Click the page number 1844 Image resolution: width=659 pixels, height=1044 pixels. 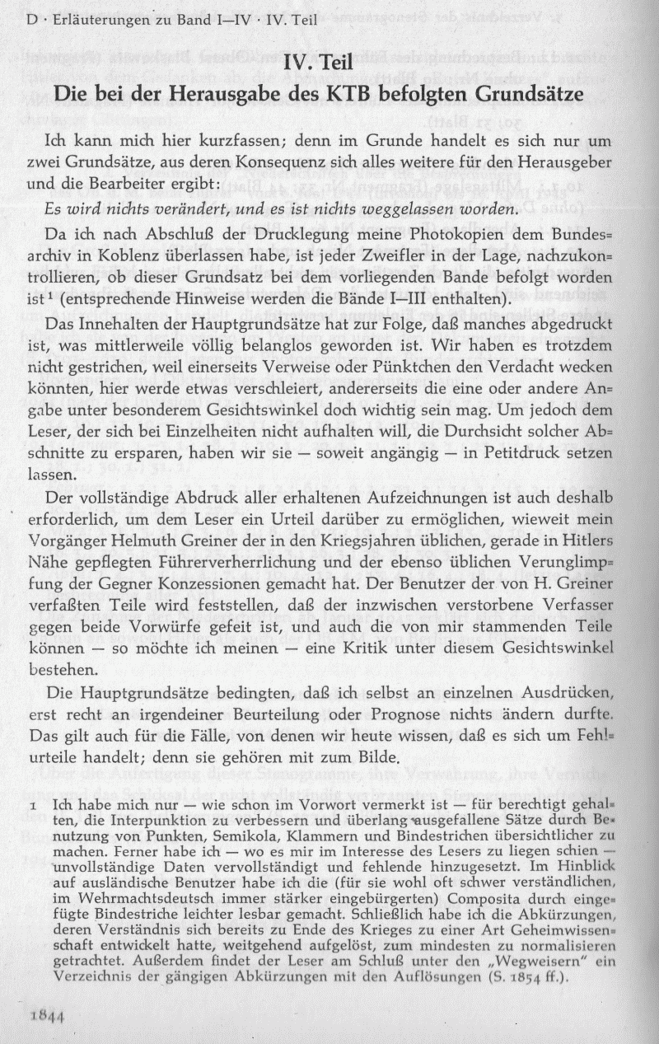(x=49, y=1016)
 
